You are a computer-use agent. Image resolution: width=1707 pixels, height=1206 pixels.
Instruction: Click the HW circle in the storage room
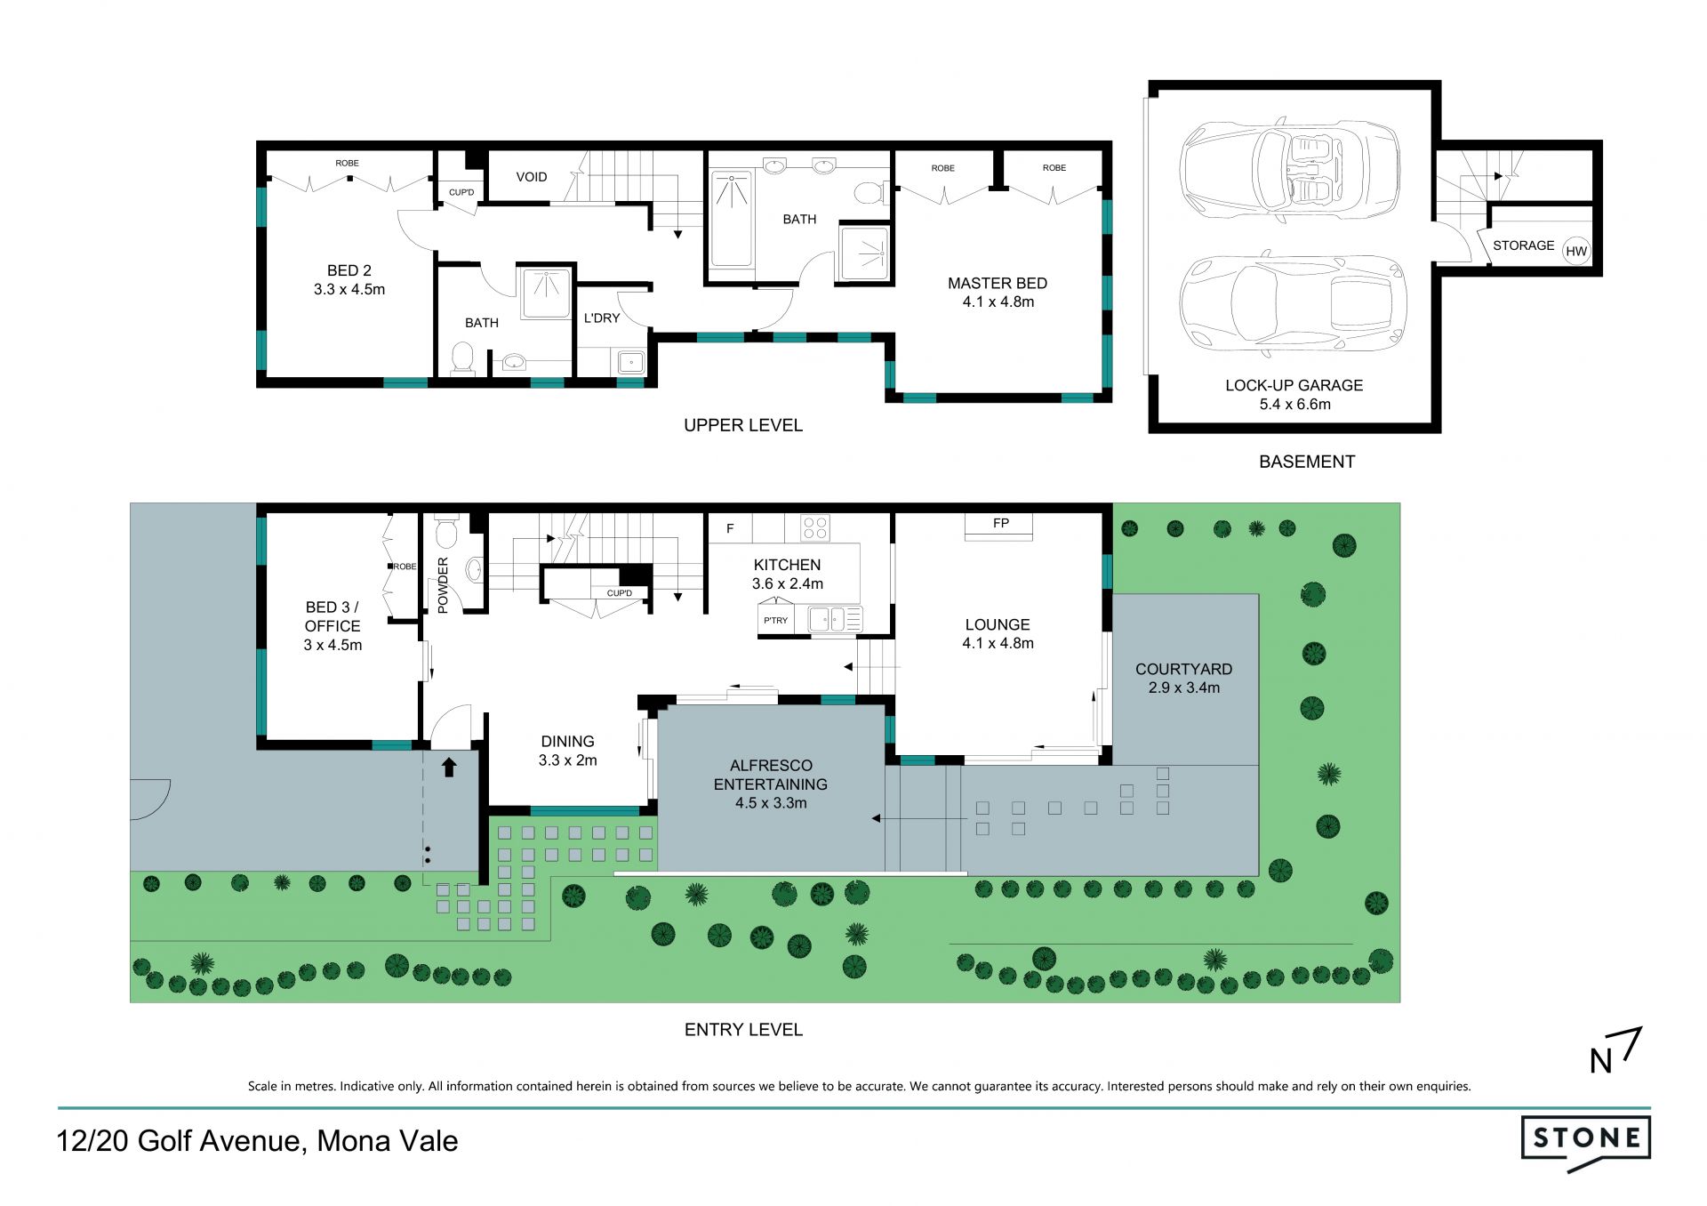click(x=1576, y=251)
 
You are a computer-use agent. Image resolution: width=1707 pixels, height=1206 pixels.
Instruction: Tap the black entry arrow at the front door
click(x=449, y=767)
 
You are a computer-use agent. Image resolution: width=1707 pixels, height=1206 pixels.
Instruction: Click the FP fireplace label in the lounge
click(x=1001, y=523)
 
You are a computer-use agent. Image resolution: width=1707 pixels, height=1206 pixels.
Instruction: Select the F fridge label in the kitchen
click(x=730, y=528)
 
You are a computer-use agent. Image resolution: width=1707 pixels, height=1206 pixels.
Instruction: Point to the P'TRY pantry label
click(x=775, y=620)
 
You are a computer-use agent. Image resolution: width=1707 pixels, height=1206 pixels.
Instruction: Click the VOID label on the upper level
click(x=532, y=177)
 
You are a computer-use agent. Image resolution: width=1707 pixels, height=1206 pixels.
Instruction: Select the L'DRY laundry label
click(x=602, y=318)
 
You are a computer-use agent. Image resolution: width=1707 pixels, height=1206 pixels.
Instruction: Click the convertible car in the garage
click(x=1290, y=168)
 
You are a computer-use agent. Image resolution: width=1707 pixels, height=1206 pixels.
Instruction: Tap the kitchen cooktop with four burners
click(x=815, y=527)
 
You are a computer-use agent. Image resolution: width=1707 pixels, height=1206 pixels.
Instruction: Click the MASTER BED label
click(x=998, y=283)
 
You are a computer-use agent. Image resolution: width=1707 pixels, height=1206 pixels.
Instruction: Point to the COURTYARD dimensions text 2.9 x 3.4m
click(x=1183, y=687)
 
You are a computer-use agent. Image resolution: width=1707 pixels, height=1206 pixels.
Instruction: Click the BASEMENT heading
click(x=1307, y=462)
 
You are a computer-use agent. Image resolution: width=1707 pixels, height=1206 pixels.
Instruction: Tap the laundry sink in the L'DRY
click(x=630, y=362)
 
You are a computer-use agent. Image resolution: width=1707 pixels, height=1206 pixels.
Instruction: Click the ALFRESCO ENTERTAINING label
click(x=771, y=775)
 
